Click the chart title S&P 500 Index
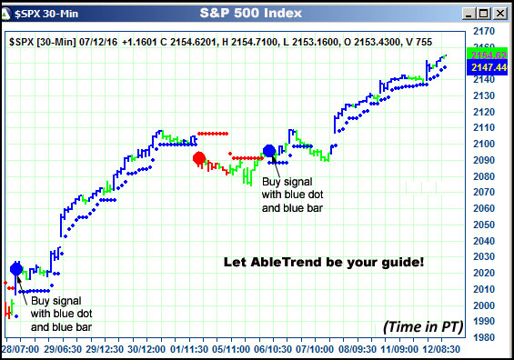point(257,14)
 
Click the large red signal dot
point(199,158)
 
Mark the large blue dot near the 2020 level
point(15,268)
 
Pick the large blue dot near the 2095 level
point(268,151)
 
